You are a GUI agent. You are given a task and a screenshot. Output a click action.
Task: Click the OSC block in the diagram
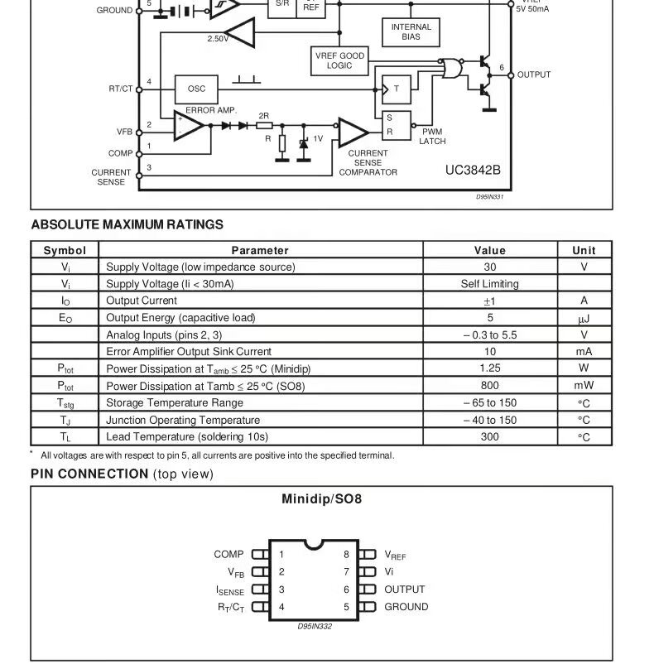(196, 89)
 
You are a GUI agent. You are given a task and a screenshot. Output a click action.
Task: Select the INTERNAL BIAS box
(411, 32)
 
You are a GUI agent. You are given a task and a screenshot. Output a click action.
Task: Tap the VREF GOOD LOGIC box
(339, 60)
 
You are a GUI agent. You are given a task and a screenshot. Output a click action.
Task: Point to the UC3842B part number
(473, 170)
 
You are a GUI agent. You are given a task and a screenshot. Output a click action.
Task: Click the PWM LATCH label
(432, 137)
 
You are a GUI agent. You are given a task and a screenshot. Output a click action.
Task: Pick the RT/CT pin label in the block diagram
(120, 89)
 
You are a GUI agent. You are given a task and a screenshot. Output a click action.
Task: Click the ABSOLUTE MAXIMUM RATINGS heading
(127, 224)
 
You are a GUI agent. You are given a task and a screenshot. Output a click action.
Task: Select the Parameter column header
(260, 250)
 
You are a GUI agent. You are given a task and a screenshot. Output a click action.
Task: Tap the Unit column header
(584, 250)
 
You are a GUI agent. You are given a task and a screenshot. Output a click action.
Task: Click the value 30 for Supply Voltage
(490, 267)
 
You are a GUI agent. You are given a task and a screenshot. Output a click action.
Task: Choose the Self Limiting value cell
(490, 284)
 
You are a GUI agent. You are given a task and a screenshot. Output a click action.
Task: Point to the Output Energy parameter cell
(181, 318)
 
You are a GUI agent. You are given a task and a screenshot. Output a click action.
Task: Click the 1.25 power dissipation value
(490, 368)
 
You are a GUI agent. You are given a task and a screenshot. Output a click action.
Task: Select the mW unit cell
(584, 386)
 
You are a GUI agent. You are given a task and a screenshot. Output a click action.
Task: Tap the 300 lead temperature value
(490, 436)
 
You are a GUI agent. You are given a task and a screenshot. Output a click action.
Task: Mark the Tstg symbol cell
(65, 403)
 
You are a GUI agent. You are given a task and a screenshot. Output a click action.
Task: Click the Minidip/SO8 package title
(321, 499)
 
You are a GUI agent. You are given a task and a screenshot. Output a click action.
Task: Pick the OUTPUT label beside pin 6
(405, 590)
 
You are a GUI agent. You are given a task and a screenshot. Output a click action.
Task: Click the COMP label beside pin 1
(228, 555)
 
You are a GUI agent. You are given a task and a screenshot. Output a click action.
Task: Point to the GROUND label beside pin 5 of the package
(406, 607)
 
